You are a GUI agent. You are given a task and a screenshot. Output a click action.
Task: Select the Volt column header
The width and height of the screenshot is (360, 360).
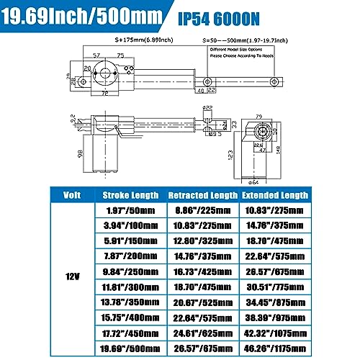(x=71, y=194)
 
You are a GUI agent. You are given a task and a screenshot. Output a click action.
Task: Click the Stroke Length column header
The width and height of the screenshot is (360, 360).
(x=129, y=194)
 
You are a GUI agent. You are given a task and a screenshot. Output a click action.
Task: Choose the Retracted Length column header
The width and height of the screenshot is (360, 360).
(x=202, y=194)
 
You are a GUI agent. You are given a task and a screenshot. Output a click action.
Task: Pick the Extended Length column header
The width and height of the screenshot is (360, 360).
(x=274, y=194)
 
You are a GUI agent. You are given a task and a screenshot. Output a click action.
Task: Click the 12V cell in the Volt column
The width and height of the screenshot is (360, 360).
(x=71, y=274)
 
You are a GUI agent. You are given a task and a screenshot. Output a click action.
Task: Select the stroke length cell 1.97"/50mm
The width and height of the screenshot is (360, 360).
(x=129, y=209)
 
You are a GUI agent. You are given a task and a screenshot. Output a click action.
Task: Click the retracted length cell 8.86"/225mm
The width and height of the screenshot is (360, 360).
(x=202, y=209)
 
